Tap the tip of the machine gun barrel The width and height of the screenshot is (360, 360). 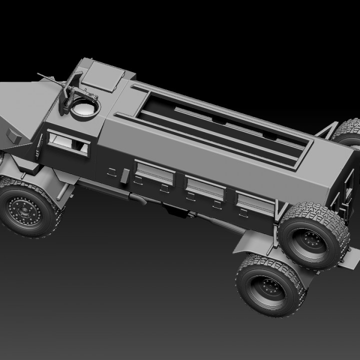coord(39,75)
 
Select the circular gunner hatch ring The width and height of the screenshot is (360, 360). coord(84,108)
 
